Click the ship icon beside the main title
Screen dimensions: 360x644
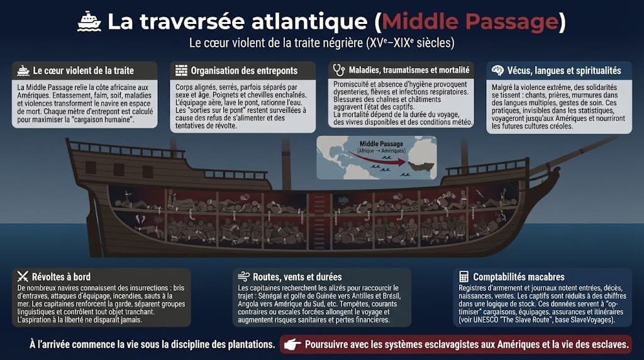[x=89, y=21]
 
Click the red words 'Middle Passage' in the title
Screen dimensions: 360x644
[x=470, y=21]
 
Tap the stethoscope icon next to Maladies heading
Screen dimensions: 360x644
[x=339, y=70]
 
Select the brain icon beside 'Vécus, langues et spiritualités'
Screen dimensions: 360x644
[x=497, y=70]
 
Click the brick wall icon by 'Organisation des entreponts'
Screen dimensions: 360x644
[x=181, y=70]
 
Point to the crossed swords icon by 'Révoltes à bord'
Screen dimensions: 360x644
[x=23, y=276]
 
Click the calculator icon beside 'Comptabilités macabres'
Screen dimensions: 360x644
[x=464, y=276]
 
